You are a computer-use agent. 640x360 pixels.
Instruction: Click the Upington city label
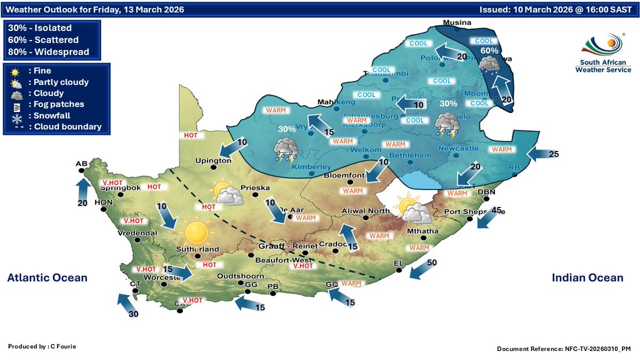213,160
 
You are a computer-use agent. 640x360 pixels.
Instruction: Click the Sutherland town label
197,249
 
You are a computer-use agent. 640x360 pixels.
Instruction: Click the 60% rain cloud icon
489,65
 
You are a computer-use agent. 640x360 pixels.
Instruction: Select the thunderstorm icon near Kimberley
286,150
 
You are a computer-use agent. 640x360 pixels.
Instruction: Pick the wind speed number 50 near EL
433,262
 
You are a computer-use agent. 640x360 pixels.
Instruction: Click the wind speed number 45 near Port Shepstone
497,210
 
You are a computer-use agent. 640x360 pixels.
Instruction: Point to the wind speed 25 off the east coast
554,155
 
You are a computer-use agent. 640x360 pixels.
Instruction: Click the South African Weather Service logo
605,53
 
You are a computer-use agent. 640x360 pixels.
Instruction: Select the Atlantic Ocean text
47,277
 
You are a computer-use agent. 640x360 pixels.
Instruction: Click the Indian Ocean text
587,277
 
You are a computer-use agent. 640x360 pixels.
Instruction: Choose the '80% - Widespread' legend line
49,52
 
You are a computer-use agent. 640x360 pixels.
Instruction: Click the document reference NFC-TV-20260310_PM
564,348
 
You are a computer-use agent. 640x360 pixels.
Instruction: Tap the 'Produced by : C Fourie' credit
42,347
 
